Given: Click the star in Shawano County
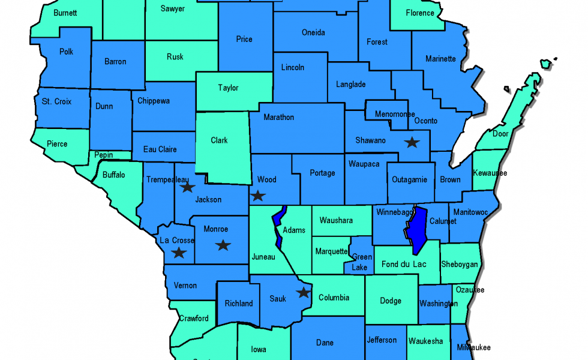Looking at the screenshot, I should [412, 142].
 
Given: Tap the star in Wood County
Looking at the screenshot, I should [257, 195].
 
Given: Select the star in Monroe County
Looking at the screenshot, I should [223, 245].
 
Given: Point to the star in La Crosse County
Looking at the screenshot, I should [179, 253].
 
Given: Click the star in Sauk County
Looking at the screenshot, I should [304, 293].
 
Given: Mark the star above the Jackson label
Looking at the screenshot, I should [187, 187].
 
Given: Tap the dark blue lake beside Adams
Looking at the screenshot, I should [278, 225].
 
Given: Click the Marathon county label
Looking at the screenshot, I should [279, 117].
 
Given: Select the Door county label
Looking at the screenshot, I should [500, 134].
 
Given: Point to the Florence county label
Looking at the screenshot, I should [420, 13].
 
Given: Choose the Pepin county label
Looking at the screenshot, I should [104, 155].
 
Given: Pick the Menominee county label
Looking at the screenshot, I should [395, 114].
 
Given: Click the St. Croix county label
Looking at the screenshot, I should [56, 101].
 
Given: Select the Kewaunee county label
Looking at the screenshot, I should [490, 173].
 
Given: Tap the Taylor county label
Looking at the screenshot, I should [228, 88].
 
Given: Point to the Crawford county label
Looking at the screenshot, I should [194, 318].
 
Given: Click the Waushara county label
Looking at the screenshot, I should [336, 220].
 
